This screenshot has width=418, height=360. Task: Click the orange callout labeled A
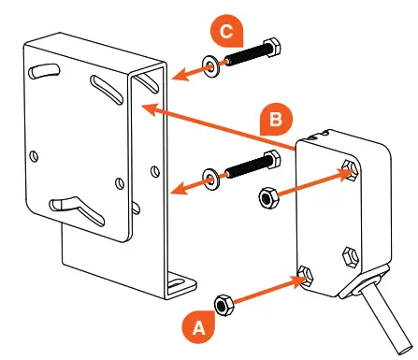point(198,327)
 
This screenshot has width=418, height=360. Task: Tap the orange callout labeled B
point(277,119)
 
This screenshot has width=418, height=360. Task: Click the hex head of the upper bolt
point(272,47)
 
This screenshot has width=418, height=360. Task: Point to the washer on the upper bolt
point(211,66)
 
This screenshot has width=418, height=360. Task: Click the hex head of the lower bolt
point(272,159)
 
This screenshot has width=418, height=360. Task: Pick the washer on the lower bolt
point(211,179)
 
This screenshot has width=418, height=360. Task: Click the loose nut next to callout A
point(223,305)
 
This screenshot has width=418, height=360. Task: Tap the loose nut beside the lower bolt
point(268,198)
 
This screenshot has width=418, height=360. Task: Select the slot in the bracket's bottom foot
point(176,282)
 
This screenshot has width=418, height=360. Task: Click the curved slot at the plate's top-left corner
point(44,71)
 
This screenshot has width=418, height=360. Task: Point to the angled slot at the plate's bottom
point(77,209)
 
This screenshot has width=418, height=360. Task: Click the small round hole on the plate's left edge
point(34,155)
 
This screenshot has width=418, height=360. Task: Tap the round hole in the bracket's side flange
point(155,171)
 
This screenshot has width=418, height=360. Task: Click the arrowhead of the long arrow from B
point(150,109)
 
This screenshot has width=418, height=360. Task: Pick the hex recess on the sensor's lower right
point(350,256)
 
